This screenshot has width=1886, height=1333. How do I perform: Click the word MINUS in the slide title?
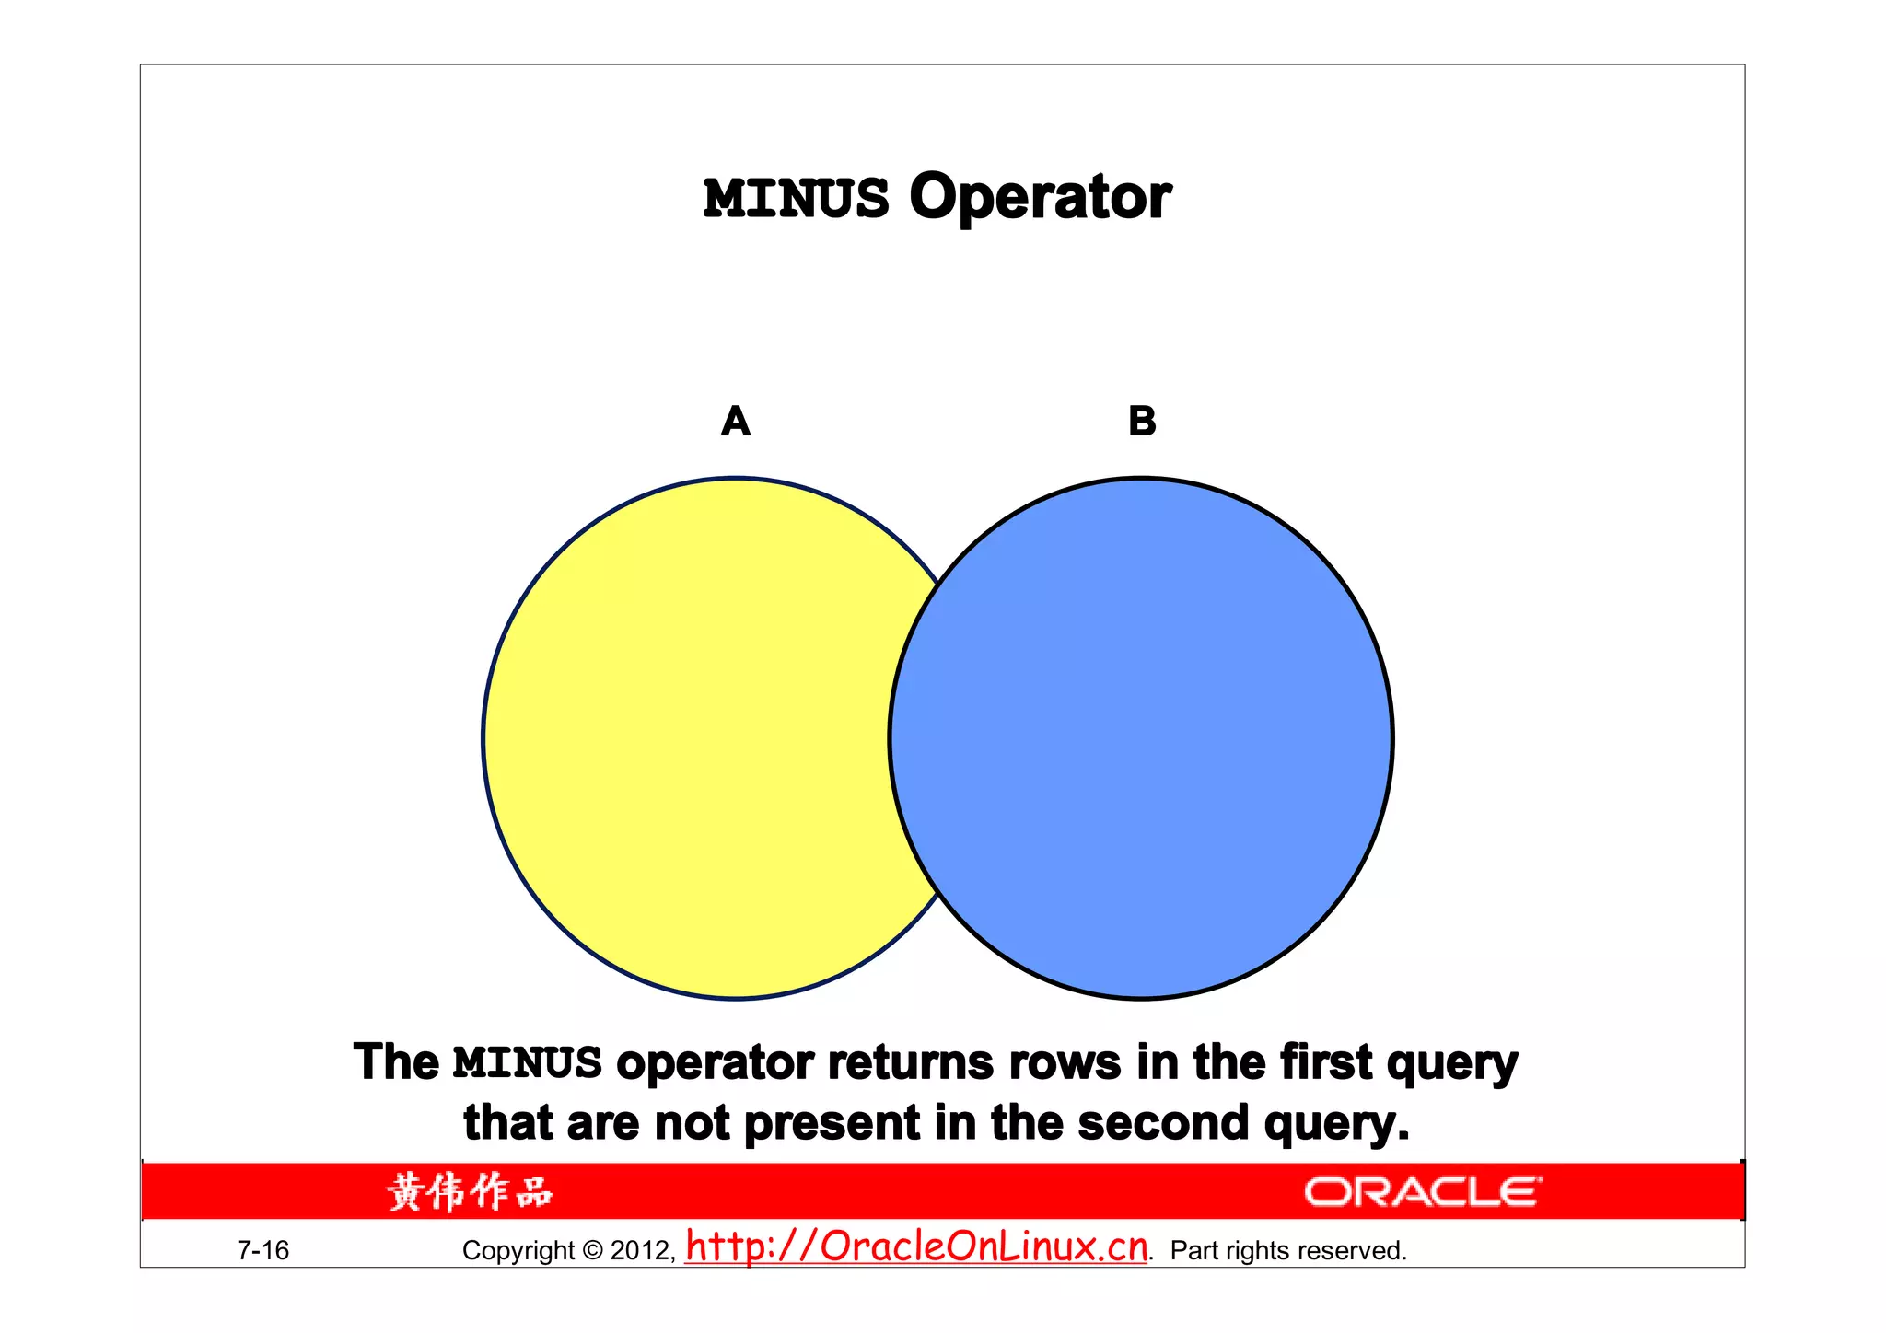tap(796, 199)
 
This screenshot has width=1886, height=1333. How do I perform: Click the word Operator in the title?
tap(1040, 197)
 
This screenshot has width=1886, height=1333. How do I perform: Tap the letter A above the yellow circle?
tap(736, 422)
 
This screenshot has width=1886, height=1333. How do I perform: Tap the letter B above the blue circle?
tap(1142, 422)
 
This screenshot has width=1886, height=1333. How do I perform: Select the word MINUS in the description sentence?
tap(528, 1063)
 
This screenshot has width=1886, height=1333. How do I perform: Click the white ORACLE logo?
tap(1422, 1192)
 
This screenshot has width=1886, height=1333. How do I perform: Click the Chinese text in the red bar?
tap(470, 1192)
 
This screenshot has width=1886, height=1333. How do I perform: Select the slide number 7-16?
tap(263, 1250)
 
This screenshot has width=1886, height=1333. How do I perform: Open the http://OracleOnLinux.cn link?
tap(917, 1247)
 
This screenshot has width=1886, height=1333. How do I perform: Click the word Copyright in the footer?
tap(518, 1251)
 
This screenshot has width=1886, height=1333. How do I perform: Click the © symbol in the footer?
tap(593, 1251)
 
